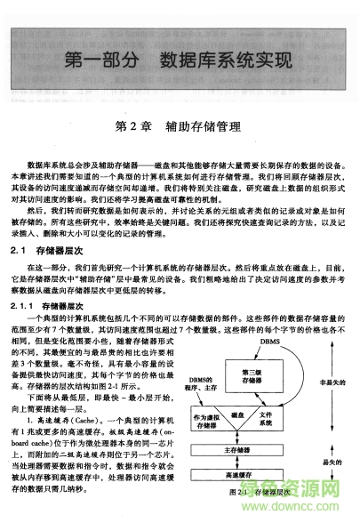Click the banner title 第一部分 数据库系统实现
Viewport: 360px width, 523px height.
click(x=179, y=62)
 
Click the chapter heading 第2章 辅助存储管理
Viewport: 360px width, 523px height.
click(x=179, y=126)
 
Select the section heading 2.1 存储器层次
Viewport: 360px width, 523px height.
click(x=53, y=252)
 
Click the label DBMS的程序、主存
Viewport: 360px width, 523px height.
click(x=204, y=383)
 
